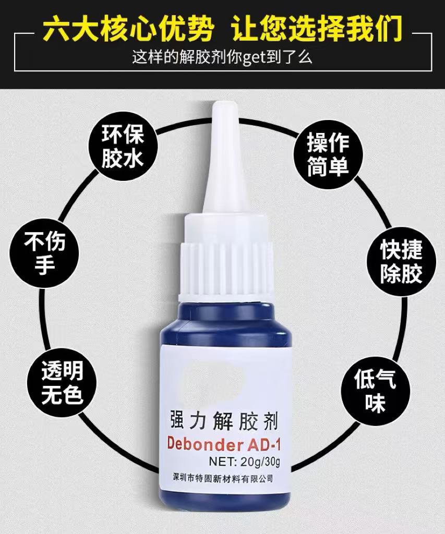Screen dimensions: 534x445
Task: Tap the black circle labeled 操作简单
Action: (328, 152)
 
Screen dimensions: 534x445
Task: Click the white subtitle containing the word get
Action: (222, 57)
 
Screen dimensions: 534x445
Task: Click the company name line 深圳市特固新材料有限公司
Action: (225, 478)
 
